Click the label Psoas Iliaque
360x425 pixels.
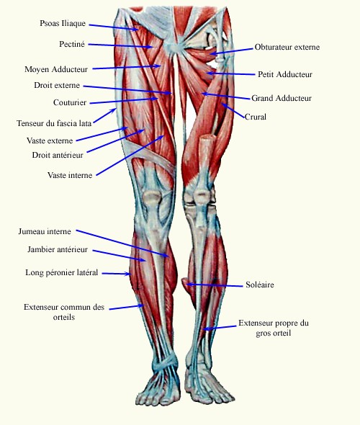pyautogui.click(x=63, y=23)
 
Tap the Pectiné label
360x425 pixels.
pyautogui.click(x=72, y=44)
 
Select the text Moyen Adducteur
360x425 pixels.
pyautogui.click(x=56, y=69)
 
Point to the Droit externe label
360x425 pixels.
pyautogui.click(x=57, y=85)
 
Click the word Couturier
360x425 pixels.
pyautogui.click(x=70, y=102)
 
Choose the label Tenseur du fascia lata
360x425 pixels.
pyautogui.click(x=54, y=123)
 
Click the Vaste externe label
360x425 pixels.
pyautogui.click(x=50, y=140)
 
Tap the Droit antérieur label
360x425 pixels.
pyautogui.click(x=58, y=155)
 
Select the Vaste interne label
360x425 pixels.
pyautogui.click(x=70, y=175)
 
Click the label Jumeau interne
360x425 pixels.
pyautogui.click(x=45, y=231)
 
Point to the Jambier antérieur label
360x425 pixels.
pyautogui.click(x=58, y=249)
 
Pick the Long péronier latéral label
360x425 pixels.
pyautogui.click(x=62, y=272)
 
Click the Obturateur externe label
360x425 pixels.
pyautogui.click(x=287, y=47)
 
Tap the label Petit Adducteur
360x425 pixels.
pyautogui.click(x=285, y=74)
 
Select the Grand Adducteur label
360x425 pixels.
pyautogui.click(x=282, y=98)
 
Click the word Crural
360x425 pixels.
pyautogui.click(x=256, y=117)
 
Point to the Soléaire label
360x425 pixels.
pyautogui.click(x=260, y=285)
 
